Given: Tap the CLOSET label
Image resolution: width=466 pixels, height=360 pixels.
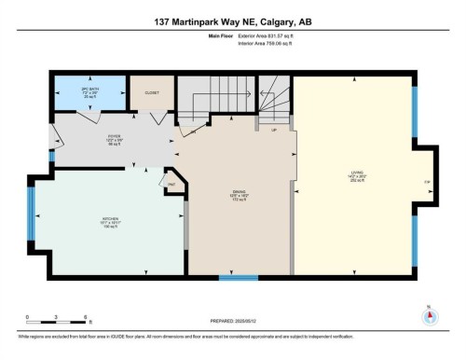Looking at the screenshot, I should coord(151,93).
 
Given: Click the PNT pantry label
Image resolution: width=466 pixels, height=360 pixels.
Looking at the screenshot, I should coord(172,186).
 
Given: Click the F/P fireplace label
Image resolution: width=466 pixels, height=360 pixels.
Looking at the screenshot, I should coord(427,181).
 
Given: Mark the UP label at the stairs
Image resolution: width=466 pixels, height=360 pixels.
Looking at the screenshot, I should coord(273,130).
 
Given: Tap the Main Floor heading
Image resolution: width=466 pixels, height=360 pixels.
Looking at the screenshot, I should coord(218,35).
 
